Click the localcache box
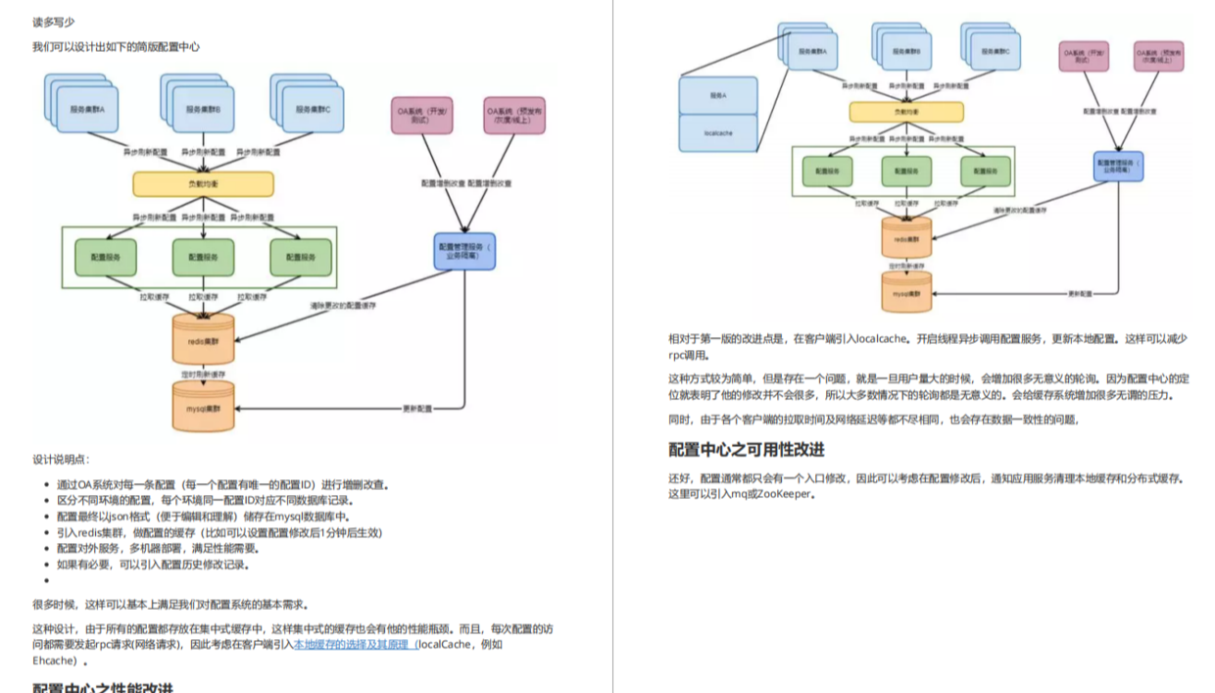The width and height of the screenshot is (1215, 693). tap(718, 130)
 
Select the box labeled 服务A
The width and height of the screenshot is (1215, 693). tap(718, 96)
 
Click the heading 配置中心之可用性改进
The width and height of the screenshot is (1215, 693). tap(747, 449)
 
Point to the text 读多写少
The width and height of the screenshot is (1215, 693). tap(53, 22)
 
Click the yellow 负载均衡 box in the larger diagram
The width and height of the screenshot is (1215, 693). tap(204, 183)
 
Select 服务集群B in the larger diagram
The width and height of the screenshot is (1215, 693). tap(204, 110)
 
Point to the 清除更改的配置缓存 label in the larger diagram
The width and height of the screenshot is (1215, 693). tap(344, 306)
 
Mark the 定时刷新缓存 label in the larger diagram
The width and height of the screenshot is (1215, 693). tap(204, 374)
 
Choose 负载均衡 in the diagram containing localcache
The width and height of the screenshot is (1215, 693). tap(906, 113)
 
